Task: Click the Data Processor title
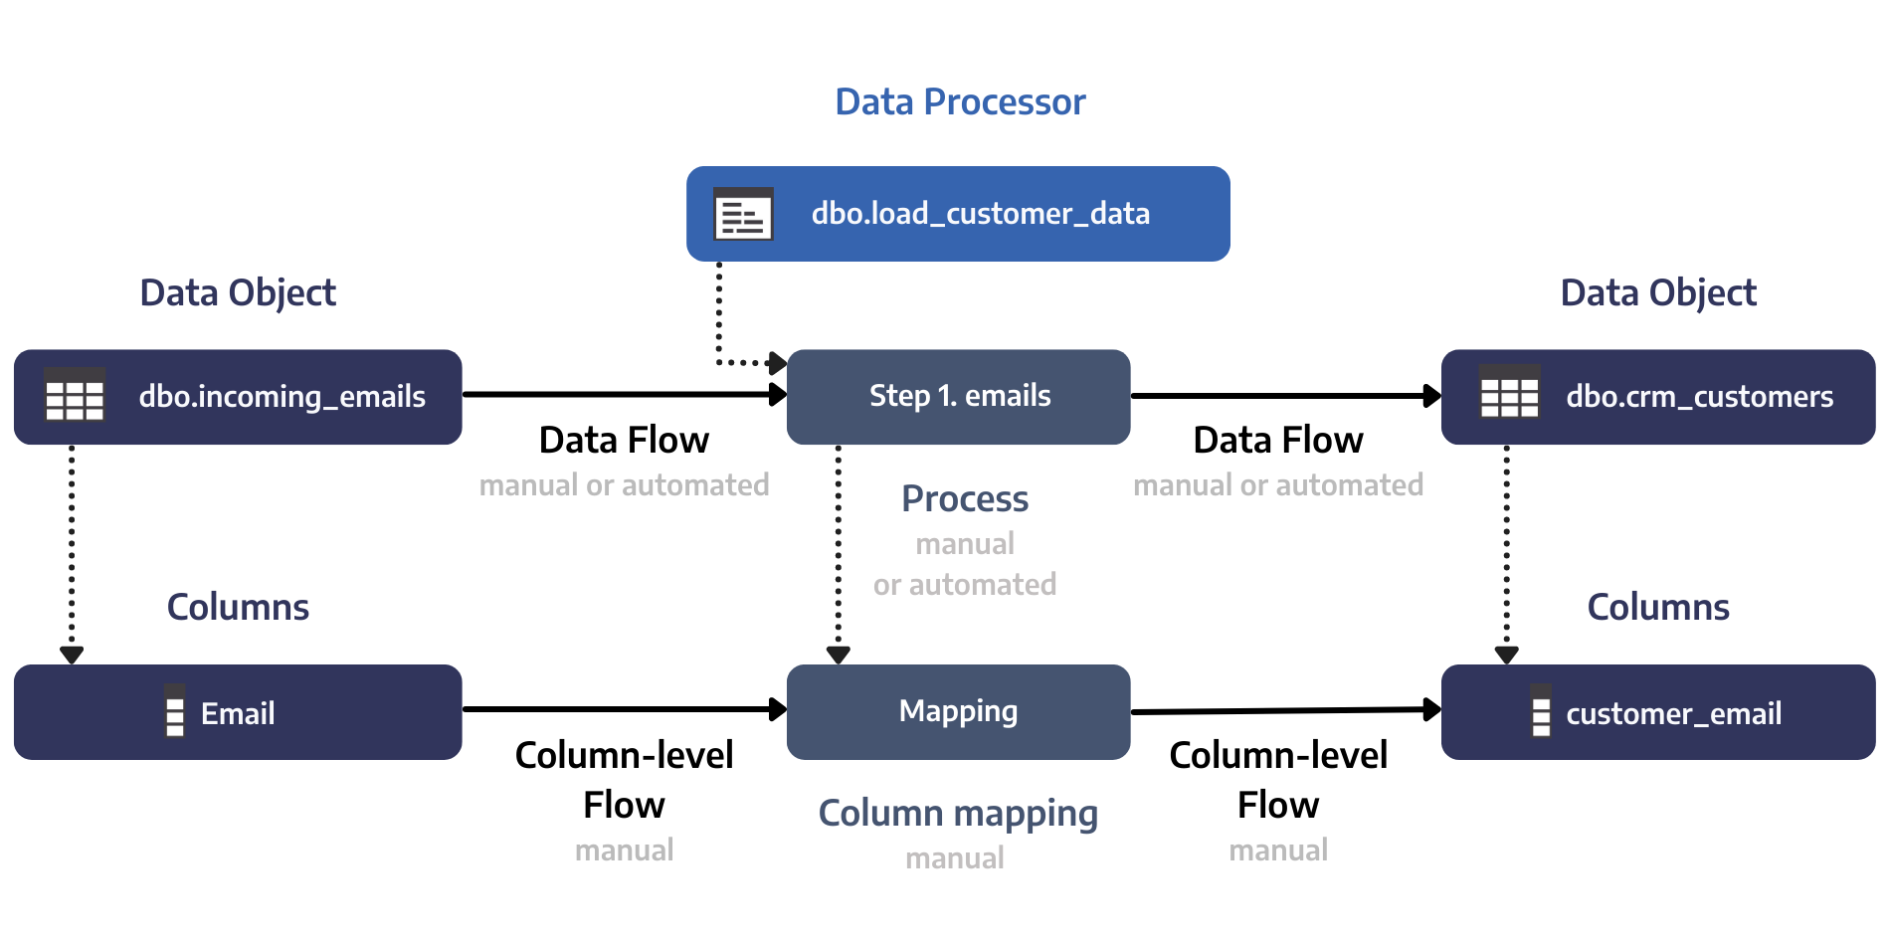[960, 101]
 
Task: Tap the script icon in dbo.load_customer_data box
[743, 214]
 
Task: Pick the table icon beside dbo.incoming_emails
[75, 397]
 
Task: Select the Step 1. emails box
[959, 397]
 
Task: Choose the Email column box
[238, 713]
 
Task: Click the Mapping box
[958, 712]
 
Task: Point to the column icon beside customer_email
[1540, 712]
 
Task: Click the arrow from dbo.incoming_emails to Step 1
[624, 395]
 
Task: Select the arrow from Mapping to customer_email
[1285, 711]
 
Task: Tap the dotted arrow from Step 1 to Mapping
[839, 552]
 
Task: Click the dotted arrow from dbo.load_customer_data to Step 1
[719, 318]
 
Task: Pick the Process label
[964, 499]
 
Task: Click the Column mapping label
[957, 814]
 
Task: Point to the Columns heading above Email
[238, 608]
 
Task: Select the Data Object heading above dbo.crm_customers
[1657, 293]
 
